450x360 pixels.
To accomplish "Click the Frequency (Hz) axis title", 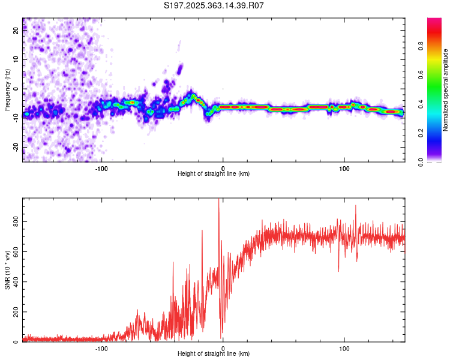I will [7, 90].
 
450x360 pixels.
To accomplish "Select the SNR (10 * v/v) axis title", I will [7, 269].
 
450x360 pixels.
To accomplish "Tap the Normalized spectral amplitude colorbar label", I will [445, 91].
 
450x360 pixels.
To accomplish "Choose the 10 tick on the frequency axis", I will [16, 60].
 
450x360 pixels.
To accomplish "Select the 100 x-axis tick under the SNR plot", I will [344, 348].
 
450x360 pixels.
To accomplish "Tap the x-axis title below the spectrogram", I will [214, 174].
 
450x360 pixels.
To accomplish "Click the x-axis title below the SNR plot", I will [214, 354].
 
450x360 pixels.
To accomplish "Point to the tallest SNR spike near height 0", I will [218, 200].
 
